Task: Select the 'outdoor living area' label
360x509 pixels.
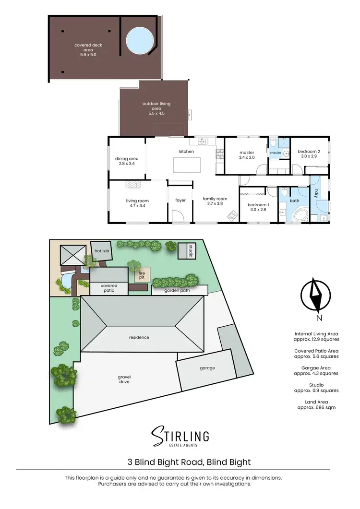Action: coord(156,108)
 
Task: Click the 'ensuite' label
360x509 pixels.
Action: coord(275,153)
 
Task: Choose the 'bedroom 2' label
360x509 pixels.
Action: coord(310,154)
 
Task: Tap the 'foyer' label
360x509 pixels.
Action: coord(180,201)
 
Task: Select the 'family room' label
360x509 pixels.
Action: coord(215,201)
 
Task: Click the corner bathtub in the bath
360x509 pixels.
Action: coord(300,214)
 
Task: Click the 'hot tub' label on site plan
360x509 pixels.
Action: coord(101,251)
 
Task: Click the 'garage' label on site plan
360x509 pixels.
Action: coord(207,368)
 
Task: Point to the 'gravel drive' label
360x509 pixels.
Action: coord(124,379)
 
